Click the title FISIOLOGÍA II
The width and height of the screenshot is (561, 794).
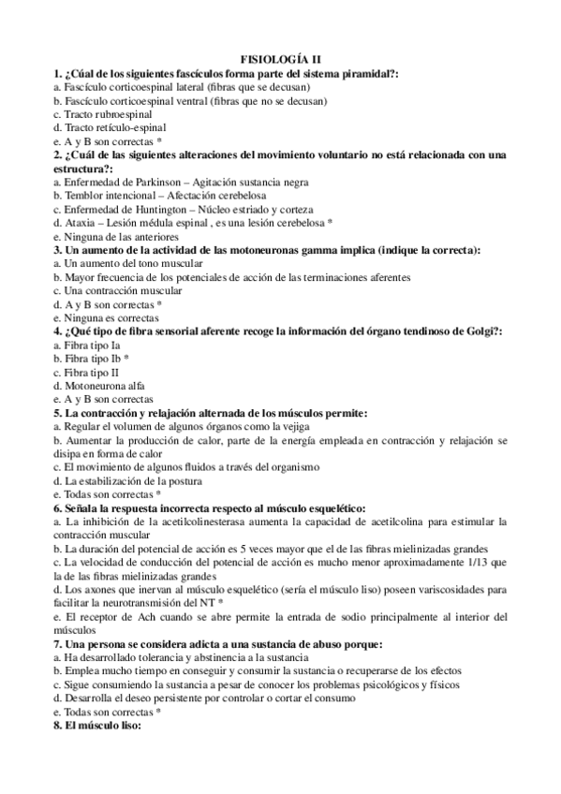tap(280, 59)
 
